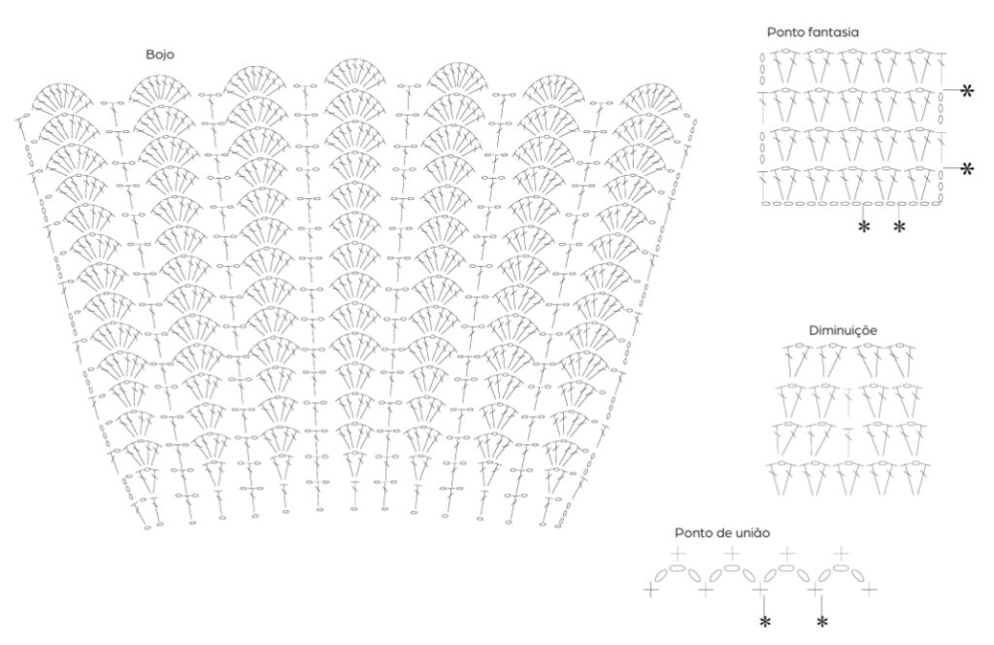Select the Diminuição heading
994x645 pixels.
tap(843, 330)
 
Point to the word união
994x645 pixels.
tap(753, 533)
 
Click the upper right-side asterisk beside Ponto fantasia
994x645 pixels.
tap(967, 90)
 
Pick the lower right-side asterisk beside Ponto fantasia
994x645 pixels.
tap(967, 168)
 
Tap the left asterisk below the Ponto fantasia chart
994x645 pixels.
tap(864, 227)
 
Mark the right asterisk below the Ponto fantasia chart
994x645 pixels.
tap(899, 227)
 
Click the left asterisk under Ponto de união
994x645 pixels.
tap(765, 621)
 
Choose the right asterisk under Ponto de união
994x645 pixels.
tap(821, 621)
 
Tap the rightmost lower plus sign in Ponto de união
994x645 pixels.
tap(870, 589)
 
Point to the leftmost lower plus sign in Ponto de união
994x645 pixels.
tap(650, 589)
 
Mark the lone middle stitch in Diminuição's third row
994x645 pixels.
tap(847, 435)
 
